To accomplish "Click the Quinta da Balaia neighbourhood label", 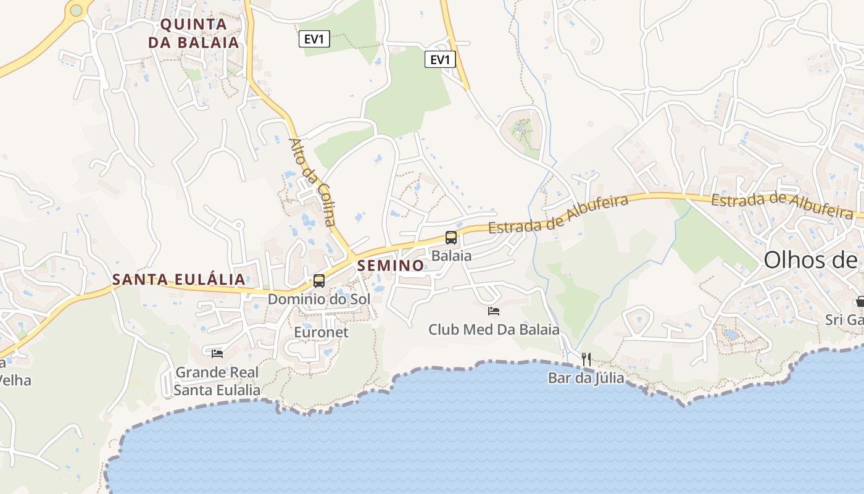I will (x=199, y=33).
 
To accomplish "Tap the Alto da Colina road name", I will (x=312, y=182).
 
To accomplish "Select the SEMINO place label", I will (x=391, y=266).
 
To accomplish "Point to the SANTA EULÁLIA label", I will (x=179, y=280).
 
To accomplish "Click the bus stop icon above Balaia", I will (x=451, y=237).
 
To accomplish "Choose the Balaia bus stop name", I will (x=451, y=255).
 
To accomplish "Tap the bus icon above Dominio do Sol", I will (x=319, y=280).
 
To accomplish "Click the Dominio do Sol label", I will (x=318, y=299).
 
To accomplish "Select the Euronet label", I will (x=321, y=332).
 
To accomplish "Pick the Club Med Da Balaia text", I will (x=494, y=330).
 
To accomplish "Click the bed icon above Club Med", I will (x=494, y=311).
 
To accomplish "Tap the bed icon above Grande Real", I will (x=217, y=353).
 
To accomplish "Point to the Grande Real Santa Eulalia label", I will (x=217, y=382).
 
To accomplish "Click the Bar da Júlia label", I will (x=586, y=377).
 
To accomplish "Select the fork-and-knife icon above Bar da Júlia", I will (x=586, y=358).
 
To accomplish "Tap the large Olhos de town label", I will (x=812, y=260).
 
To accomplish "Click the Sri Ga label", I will (x=844, y=320).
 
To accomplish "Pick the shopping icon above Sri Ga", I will (x=860, y=302).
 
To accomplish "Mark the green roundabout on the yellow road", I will (x=76, y=10).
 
